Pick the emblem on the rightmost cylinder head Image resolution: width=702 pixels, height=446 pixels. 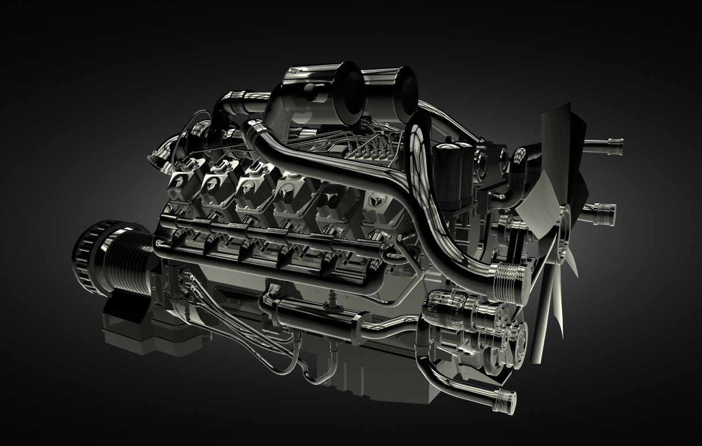(377, 202)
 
